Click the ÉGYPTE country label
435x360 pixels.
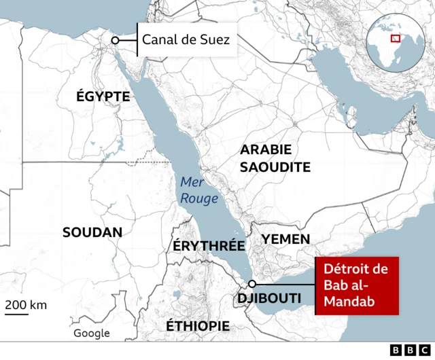pos(103,97)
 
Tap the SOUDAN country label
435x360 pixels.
pos(92,232)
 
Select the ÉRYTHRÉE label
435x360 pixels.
pos(208,246)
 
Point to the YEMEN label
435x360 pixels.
pos(285,239)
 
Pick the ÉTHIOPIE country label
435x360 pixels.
pos(198,326)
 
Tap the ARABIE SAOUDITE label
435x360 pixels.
pos(275,158)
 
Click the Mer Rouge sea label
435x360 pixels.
pos(198,190)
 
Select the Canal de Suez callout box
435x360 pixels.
pos(186,40)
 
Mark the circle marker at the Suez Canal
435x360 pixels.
pos(116,41)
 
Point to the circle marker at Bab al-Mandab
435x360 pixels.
pos(252,284)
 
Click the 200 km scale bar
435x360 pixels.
pos(18,313)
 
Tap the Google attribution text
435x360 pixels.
pos(92,333)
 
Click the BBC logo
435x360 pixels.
pos(405,350)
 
